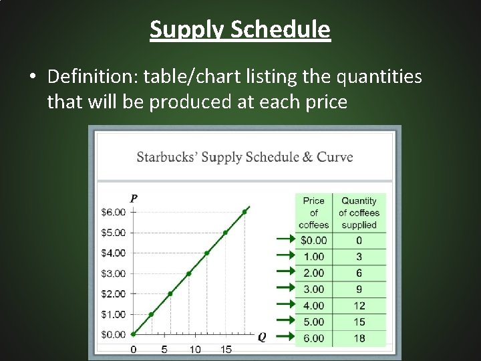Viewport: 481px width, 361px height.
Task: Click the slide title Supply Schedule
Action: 240,29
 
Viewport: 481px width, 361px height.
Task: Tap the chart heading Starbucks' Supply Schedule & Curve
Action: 245,157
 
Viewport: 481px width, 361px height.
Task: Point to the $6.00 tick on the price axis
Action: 113,212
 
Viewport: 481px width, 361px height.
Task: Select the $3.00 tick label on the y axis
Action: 113,273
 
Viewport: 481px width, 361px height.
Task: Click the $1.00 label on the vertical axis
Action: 113,314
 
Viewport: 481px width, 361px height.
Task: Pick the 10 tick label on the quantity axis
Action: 194,349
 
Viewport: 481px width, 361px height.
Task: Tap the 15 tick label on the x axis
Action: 226,349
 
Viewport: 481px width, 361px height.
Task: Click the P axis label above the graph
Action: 134,198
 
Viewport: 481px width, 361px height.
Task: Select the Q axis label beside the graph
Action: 262,338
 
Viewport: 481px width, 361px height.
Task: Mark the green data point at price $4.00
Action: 207,253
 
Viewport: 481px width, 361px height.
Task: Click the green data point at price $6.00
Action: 245,212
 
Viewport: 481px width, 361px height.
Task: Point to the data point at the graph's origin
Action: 134,334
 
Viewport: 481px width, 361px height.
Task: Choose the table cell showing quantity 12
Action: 359,306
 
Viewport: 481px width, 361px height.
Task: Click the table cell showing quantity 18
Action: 359,338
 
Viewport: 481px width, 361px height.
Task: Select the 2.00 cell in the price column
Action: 313,273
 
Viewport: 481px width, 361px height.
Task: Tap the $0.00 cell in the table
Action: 313,240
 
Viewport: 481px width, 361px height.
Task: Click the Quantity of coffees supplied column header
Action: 359,213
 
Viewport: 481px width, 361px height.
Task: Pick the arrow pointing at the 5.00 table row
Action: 285,322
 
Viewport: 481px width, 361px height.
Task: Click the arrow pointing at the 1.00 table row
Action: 285,255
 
